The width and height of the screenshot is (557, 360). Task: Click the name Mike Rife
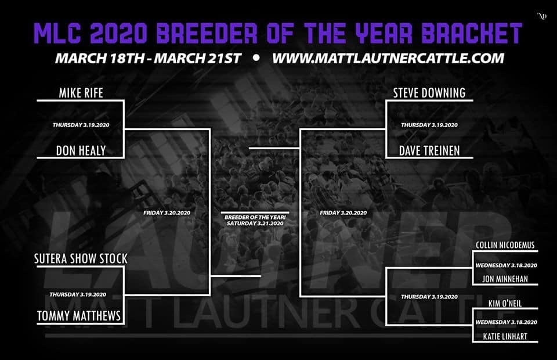pyautogui.click(x=81, y=93)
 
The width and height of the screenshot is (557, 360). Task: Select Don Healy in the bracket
pyautogui.click(x=81, y=151)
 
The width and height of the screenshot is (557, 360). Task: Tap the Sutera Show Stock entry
pyautogui.click(x=81, y=258)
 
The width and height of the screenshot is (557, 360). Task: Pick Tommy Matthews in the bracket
pyautogui.click(x=79, y=315)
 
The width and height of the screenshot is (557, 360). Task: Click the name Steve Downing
pyautogui.click(x=429, y=93)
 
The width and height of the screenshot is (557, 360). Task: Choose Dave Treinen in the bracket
pyautogui.click(x=429, y=151)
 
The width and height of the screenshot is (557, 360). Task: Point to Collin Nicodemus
pyautogui.click(x=505, y=245)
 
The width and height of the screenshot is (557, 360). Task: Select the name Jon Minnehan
pyautogui.click(x=505, y=279)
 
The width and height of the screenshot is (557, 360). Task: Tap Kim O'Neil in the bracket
pyautogui.click(x=505, y=303)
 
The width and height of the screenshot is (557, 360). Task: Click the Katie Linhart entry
pyautogui.click(x=505, y=336)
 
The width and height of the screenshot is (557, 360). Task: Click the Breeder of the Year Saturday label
pyautogui.click(x=255, y=220)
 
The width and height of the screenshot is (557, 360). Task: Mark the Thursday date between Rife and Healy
pyautogui.click(x=81, y=125)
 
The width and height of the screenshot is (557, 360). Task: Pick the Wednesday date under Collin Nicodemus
pyautogui.click(x=506, y=265)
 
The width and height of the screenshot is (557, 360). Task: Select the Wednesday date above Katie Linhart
pyautogui.click(x=506, y=322)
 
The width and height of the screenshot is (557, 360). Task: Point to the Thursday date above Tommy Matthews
pyautogui.click(x=78, y=294)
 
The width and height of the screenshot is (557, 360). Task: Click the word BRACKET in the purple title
pyautogui.click(x=472, y=33)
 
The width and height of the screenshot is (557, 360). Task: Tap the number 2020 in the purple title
pyautogui.click(x=118, y=33)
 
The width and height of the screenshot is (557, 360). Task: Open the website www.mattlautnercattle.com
pyautogui.click(x=388, y=58)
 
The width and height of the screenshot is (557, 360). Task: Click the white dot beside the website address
pyautogui.click(x=256, y=57)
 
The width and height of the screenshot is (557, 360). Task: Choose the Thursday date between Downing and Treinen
pyautogui.click(x=429, y=125)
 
